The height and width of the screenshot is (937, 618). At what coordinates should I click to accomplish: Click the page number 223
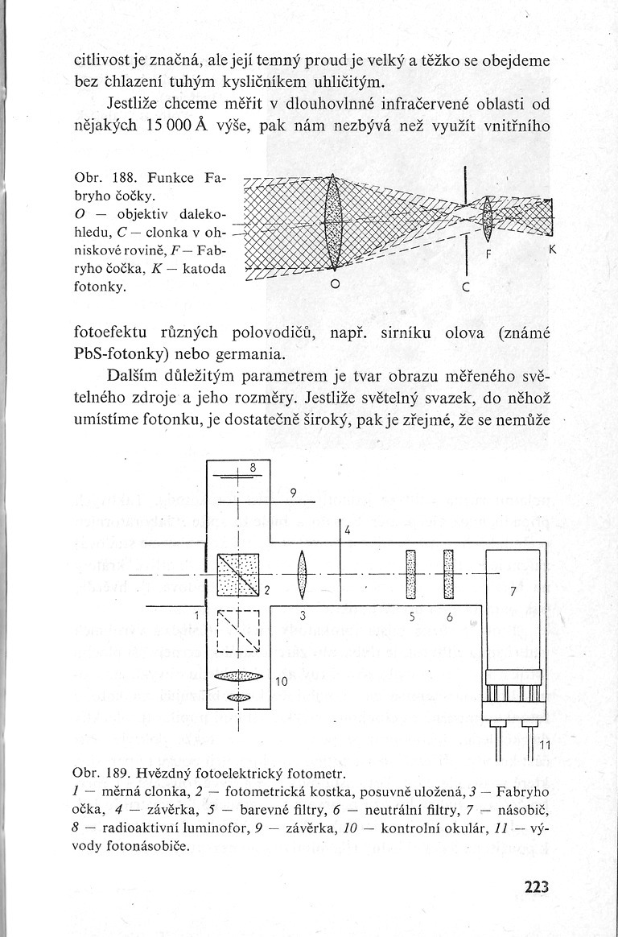tap(535, 888)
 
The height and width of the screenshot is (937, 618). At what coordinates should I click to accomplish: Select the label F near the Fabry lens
tap(486, 252)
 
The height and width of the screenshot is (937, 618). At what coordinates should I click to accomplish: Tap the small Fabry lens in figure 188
tap(486, 217)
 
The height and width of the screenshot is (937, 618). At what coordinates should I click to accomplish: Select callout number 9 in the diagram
tap(294, 493)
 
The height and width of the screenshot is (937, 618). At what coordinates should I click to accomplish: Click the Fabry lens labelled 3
tap(303, 576)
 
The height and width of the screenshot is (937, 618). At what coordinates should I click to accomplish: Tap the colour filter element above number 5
tap(410, 574)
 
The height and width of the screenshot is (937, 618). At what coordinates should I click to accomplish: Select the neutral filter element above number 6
tap(449, 574)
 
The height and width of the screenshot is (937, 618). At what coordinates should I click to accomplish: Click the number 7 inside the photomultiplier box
tap(512, 592)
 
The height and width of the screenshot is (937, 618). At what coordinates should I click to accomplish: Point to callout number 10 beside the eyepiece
tap(281, 682)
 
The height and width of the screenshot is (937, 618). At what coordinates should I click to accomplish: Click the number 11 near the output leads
tap(544, 744)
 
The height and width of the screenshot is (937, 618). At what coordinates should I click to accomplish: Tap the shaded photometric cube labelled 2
tap(239, 576)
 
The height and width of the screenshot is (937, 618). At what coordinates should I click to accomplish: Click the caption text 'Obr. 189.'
tap(101, 775)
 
